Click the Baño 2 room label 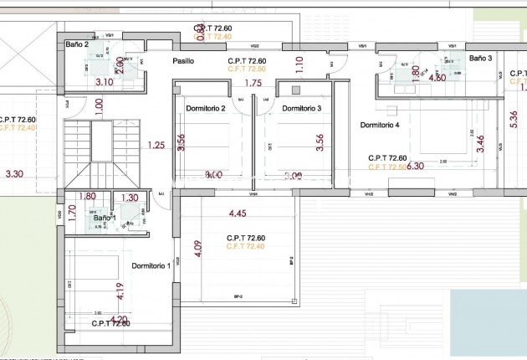77,44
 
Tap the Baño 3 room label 480,59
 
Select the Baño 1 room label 105,218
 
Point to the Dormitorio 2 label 206,109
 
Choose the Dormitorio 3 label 301,109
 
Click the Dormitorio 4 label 380,125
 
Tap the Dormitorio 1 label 151,266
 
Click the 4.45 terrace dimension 238,214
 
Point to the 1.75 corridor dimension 253,83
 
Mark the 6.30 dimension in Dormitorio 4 416,166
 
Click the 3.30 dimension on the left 14,174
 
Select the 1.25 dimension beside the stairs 156,146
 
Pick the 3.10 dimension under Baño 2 105,82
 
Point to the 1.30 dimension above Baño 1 130,198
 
